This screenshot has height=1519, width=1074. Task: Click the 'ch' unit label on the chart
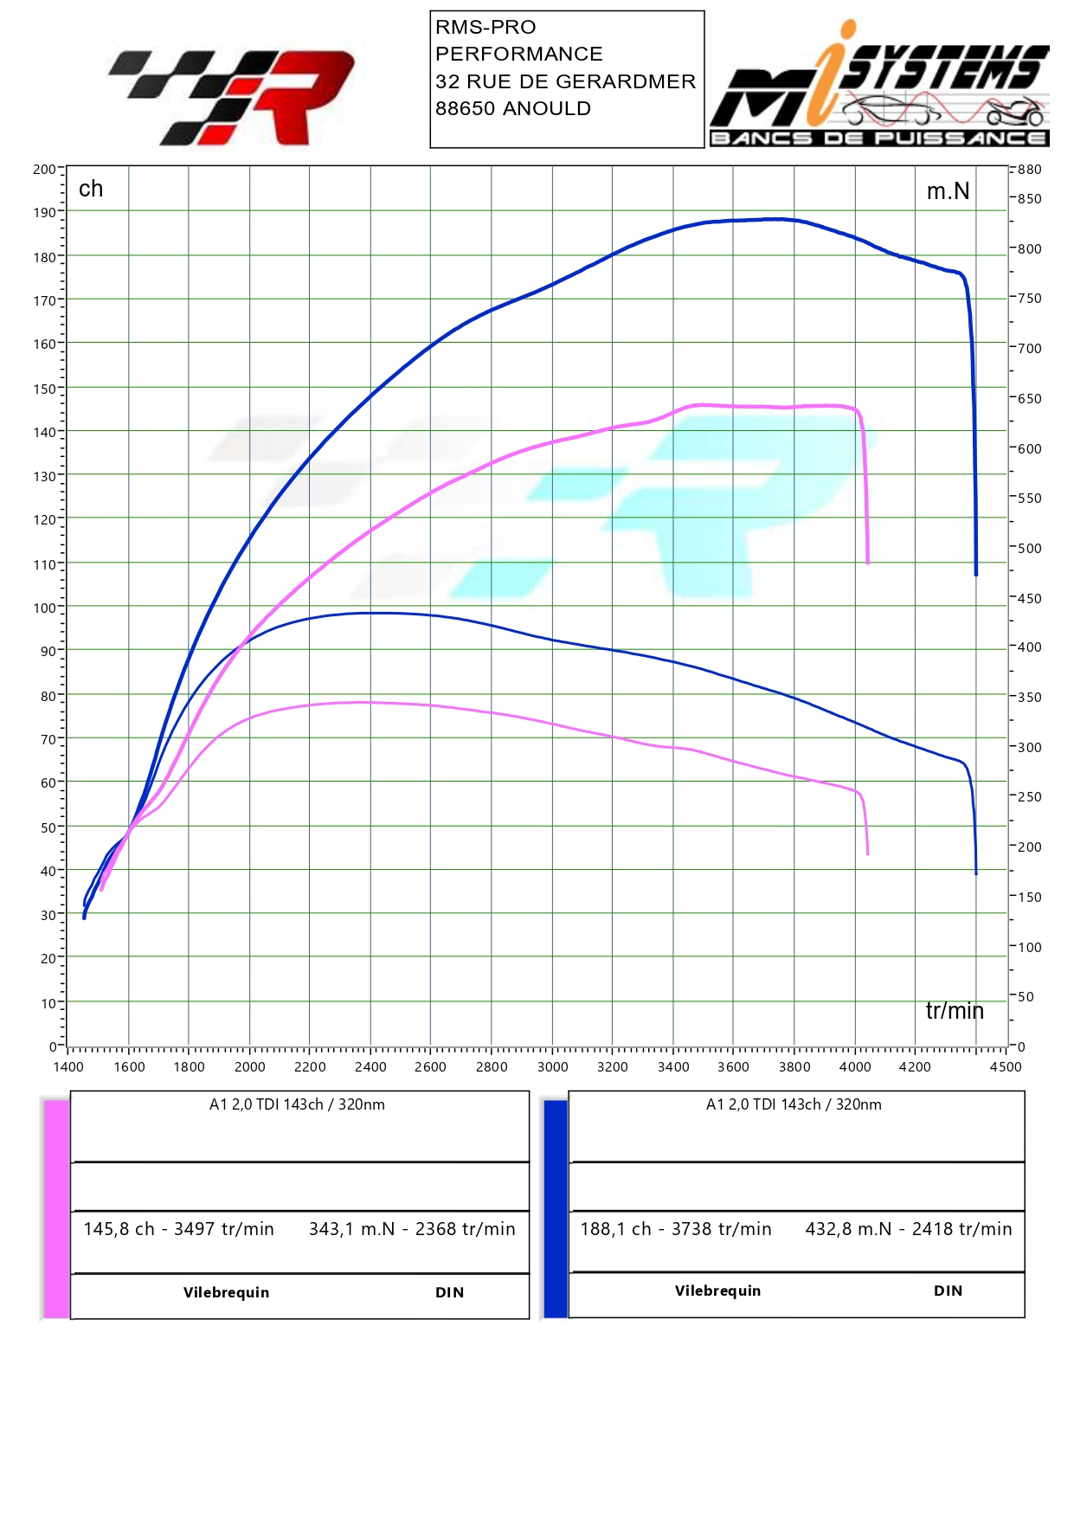coord(91,189)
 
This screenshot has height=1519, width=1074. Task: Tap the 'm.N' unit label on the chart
coord(948,191)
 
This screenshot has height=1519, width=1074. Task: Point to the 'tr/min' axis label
coord(955,1011)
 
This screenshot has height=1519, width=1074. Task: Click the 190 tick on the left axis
coord(44,212)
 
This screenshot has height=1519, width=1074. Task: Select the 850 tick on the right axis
coord(1029,199)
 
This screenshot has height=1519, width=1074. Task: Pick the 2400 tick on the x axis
coord(370,1067)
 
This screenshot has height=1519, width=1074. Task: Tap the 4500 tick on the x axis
coord(1006,1067)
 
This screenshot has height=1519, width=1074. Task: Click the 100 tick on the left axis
coord(44,608)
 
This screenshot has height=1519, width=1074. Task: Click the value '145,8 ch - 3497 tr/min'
coord(178,1229)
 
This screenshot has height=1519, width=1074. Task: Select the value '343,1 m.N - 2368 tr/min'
coord(412,1229)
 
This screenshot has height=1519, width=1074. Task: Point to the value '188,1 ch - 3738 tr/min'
coord(675,1229)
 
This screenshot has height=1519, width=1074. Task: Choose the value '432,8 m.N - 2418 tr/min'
coord(908,1229)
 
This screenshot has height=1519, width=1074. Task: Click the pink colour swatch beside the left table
coord(56,1208)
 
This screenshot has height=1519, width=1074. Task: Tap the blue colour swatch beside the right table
coord(555,1208)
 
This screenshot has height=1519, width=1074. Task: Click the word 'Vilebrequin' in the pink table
coord(226,1292)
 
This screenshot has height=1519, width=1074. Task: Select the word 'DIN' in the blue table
coord(948,1291)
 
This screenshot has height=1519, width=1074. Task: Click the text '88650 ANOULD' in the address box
coord(513,109)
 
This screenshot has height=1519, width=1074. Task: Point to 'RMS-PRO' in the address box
coord(486,28)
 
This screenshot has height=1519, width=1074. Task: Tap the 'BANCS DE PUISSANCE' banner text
coord(878,138)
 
